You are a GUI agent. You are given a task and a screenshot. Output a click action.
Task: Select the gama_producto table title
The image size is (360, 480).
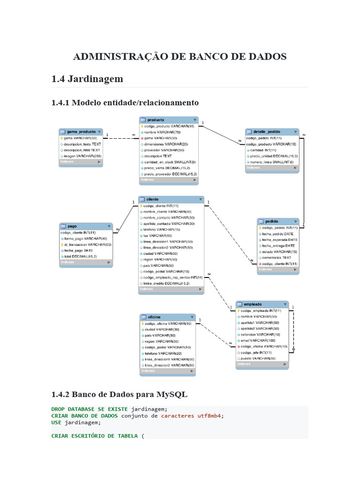[x=81, y=132]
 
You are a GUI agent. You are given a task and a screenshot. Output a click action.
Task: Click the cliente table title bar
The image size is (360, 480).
[x=171, y=199]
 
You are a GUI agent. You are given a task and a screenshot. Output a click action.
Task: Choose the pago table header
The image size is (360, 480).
[x=86, y=226]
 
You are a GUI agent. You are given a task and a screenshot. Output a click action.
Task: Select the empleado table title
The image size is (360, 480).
[x=262, y=304]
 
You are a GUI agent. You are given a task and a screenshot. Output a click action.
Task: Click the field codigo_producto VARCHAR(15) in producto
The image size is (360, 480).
[x=169, y=126]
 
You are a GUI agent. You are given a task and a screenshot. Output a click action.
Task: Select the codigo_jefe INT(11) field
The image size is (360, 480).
[x=256, y=352]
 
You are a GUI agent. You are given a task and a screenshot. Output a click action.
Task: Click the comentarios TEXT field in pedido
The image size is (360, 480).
[x=277, y=257]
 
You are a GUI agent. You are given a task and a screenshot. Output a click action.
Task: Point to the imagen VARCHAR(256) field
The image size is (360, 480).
[x=82, y=156]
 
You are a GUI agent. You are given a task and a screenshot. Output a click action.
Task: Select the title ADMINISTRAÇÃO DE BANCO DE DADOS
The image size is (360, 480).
[x=180, y=57]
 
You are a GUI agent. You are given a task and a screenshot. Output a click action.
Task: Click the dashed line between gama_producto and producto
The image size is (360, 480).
[x=121, y=138]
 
